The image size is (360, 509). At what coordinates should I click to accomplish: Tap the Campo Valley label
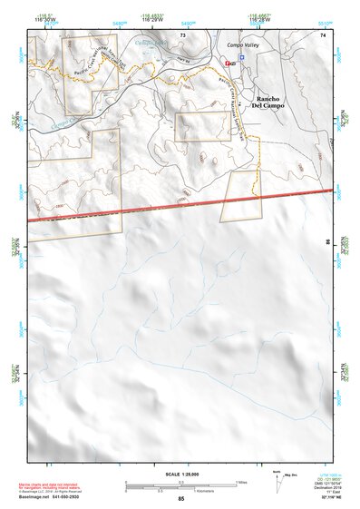[x=243, y=44]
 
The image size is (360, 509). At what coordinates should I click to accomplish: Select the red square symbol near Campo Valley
[x=227, y=63]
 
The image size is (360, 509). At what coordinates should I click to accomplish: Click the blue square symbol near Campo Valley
[x=241, y=56]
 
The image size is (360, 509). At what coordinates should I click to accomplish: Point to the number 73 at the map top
[x=182, y=34]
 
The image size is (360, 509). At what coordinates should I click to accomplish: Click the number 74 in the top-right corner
[x=322, y=34]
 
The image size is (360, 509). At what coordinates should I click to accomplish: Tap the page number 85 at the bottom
[x=181, y=499]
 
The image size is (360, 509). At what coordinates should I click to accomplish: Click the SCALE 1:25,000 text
[x=181, y=474]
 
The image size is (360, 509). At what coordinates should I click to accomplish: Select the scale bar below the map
[x=181, y=484]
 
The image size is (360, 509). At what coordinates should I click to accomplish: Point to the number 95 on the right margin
[x=328, y=242]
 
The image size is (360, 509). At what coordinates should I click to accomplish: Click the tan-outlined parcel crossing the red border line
[x=240, y=195]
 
